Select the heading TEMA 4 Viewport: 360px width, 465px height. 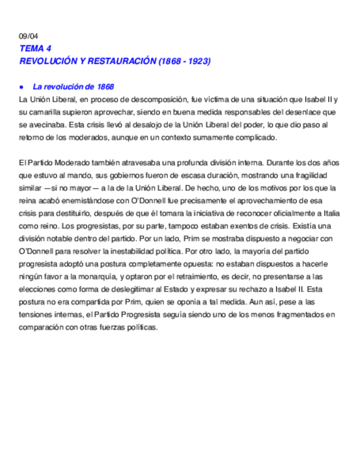coord(35,48)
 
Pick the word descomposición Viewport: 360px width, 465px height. coord(162,100)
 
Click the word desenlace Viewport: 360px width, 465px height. coord(308,112)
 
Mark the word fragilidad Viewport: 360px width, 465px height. coord(320,175)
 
